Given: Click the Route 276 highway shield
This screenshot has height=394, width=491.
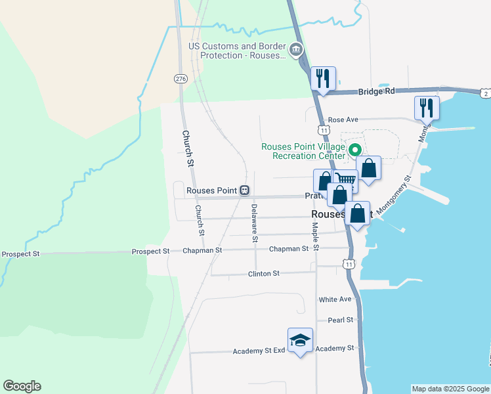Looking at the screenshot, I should [x=181, y=79].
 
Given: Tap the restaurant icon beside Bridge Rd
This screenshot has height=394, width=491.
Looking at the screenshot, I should [x=322, y=79].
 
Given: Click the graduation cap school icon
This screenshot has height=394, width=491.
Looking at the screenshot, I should [x=300, y=339].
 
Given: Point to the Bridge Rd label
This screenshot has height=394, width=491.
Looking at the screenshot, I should [x=376, y=91].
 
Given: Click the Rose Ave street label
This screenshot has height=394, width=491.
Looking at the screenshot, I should [x=343, y=120].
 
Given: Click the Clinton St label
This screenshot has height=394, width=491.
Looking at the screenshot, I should [x=264, y=273].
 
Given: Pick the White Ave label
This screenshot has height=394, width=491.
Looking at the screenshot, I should [x=335, y=299].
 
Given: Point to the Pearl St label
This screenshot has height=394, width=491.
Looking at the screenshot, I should [x=341, y=320].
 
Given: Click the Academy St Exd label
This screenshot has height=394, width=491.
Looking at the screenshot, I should [x=259, y=351].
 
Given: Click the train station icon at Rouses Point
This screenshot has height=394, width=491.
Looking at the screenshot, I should [x=244, y=190].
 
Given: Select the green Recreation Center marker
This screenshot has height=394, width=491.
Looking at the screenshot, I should [x=355, y=150].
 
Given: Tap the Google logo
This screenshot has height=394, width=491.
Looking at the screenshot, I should [x=22, y=386].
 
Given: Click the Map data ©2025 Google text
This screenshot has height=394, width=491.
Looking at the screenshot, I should [x=450, y=389].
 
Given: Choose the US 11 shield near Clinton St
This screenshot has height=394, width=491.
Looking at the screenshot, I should [x=349, y=263].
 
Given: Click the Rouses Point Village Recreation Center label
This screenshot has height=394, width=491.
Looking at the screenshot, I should [x=303, y=151].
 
